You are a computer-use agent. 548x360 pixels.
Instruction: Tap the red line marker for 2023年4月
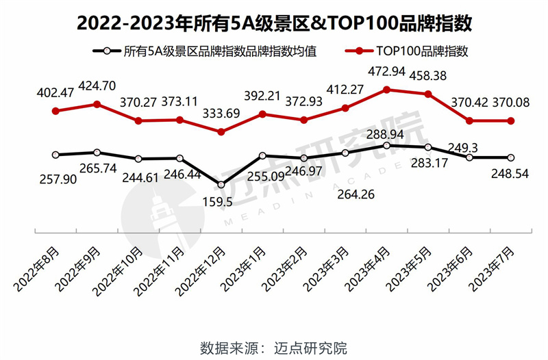pyautogui.click(x=387, y=90)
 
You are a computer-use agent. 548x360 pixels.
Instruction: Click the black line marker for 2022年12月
pyautogui.click(x=221, y=185)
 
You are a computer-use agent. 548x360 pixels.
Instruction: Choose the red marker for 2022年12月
pyautogui.click(x=221, y=132)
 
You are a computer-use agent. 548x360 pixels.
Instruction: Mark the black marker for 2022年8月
pyautogui.click(x=55, y=155)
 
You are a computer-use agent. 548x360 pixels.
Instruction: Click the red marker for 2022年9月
pyautogui.click(x=97, y=105)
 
